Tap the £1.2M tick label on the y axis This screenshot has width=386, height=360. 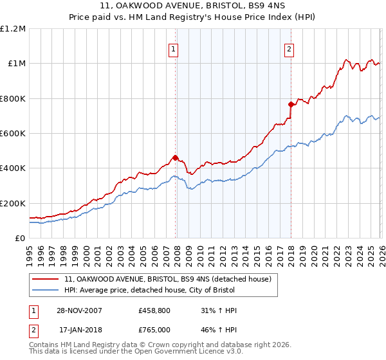pyautogui.click(x=13, y=29)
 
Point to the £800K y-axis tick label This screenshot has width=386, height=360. pyautogui.click(x=13, y=98)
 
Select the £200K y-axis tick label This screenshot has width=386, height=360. pyautogui.click(x=13, y=203)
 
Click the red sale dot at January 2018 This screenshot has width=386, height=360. pyautogui.click(x=291, y=104)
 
